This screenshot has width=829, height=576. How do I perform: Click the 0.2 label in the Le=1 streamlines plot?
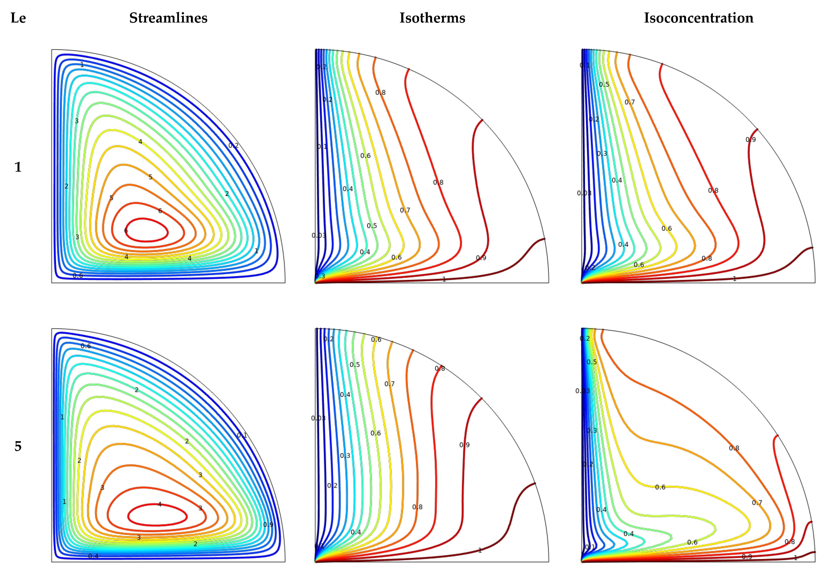click(233, 146)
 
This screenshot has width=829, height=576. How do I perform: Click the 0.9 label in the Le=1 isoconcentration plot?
click(750, 140)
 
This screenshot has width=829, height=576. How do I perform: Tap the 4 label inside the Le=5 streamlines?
click(160, 504)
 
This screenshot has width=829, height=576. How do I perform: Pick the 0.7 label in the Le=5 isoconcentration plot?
click(757, 502)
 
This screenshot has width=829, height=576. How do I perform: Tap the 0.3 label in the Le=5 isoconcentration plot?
click(591, 430)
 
